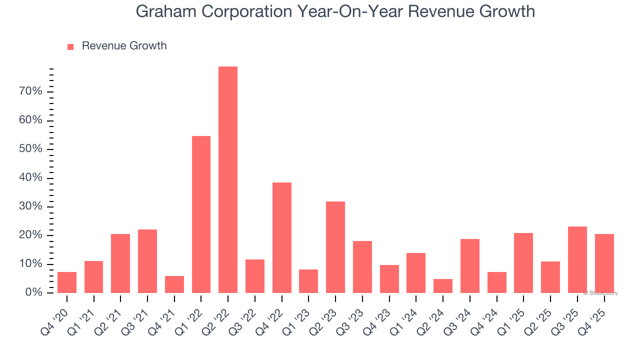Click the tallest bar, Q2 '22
coord(228,179)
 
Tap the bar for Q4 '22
coord(282,237)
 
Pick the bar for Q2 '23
coord(335,247)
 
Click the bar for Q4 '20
coord(67,282)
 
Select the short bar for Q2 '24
coord(443,285)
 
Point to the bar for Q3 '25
coord(577,259)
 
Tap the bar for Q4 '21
coord(174,284)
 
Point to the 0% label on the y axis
coord(34,292)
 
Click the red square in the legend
coord(70,46)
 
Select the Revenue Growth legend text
coord(124,46)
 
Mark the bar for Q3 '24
coord(470,265)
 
